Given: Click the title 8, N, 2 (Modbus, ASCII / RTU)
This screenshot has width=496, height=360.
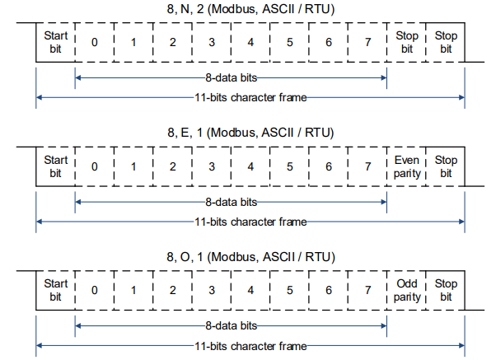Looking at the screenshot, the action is coord(250,9).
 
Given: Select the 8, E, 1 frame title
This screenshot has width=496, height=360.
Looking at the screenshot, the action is coord(250,133).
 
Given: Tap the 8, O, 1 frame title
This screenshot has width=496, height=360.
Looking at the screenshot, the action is coord(250,256).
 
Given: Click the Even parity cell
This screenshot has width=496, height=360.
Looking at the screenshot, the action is coord(406,166).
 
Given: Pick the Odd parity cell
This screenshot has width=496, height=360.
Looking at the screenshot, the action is coord(406,291).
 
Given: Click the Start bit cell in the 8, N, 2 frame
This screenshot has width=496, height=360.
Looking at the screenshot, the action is coord(55,42).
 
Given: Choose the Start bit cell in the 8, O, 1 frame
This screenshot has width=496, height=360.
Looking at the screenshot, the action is coord(55,291).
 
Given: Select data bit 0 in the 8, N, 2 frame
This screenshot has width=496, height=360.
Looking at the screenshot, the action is coord(95,42).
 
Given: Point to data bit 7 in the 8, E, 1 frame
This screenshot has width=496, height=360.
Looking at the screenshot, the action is coord(367,166).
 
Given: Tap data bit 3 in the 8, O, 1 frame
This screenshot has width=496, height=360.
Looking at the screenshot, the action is coord(212,291).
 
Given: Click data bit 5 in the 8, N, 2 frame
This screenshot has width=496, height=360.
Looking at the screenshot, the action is coord(290,42).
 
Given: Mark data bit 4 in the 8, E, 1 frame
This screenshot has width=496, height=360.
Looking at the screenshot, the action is coord(250,166).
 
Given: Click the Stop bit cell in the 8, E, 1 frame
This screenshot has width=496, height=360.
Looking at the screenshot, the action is coord(446,166).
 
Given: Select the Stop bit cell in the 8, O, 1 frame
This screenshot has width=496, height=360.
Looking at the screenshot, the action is coord(446,291).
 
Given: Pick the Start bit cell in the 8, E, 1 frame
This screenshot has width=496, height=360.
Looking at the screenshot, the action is coord(55,166).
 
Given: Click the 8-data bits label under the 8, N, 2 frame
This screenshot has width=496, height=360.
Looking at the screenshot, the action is coord(232,77).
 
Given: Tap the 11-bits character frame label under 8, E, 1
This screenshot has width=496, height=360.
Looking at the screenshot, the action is coord(250,222).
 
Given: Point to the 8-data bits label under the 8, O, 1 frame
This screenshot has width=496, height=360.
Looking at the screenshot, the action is coord(232,326).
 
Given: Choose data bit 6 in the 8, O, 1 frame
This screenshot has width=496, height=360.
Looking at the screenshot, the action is coord(329,291).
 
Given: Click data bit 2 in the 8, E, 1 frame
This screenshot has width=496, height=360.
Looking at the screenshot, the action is coord(172,166).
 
